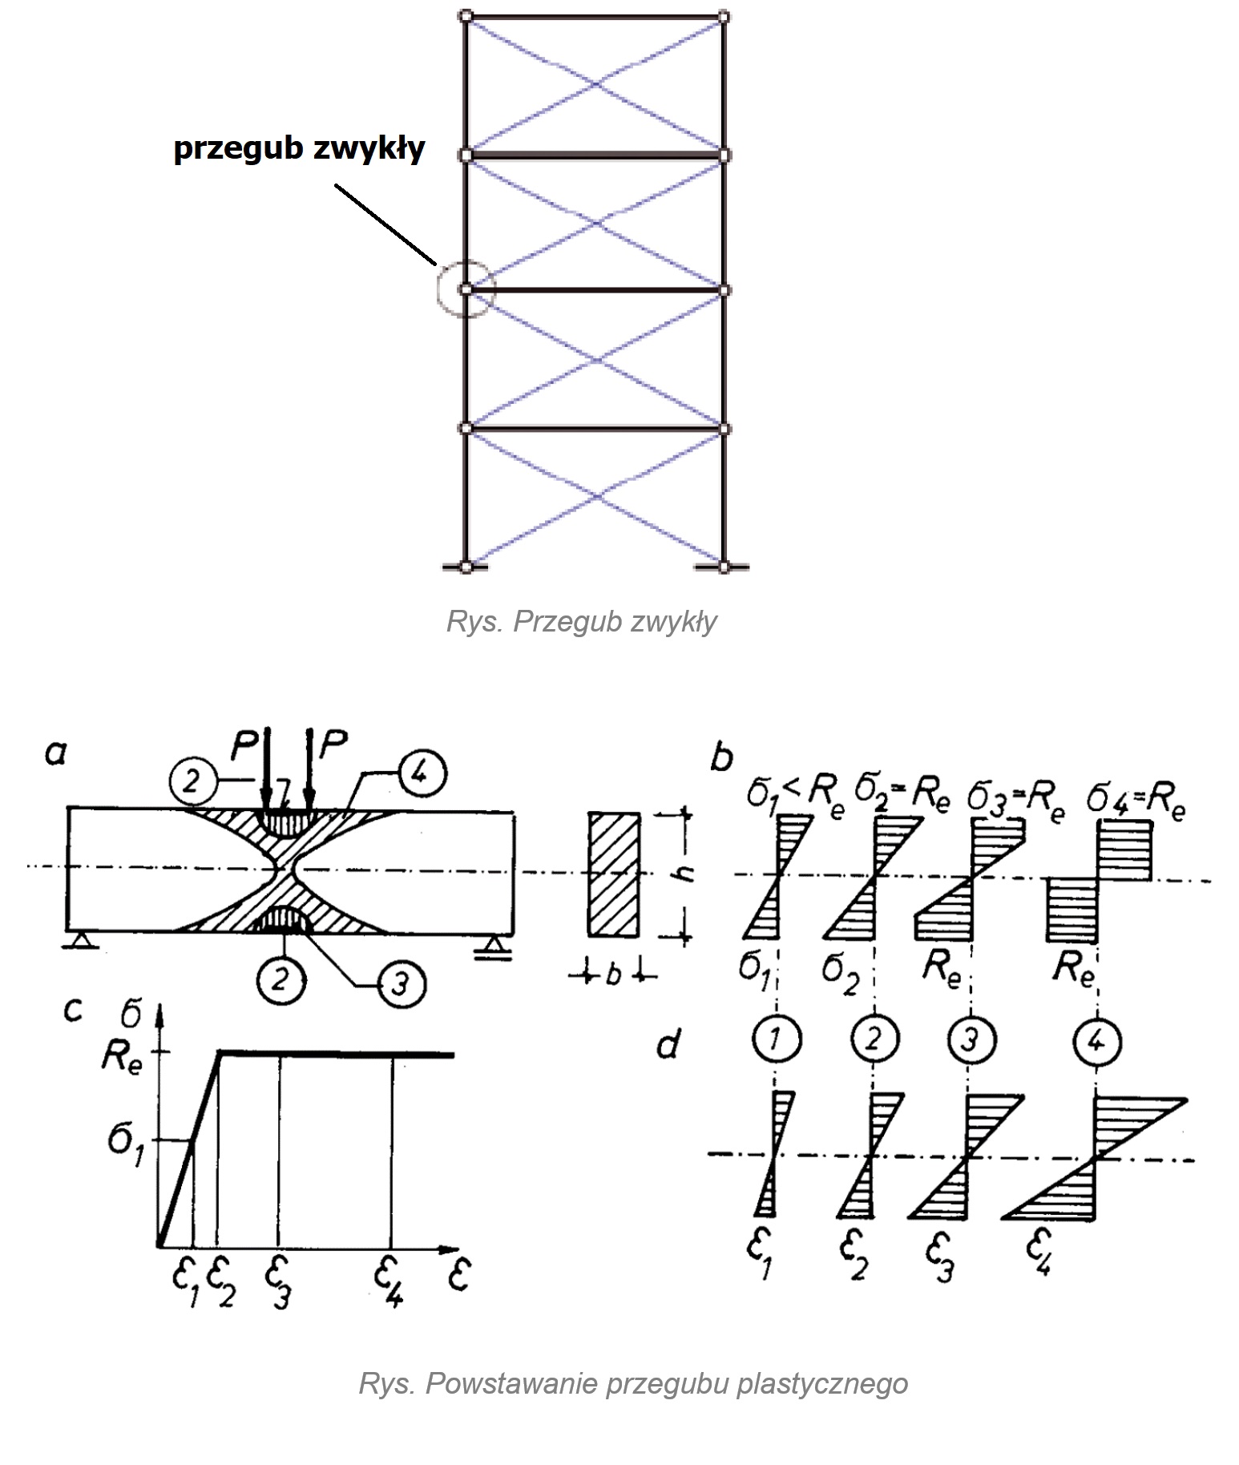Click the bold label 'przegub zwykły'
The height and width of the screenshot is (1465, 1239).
pos(299,149)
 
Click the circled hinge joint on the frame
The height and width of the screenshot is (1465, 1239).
pos(467,289)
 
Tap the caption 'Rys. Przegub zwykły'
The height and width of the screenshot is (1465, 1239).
pos(581,622)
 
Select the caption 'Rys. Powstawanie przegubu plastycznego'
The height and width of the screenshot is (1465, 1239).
pos(633,1384)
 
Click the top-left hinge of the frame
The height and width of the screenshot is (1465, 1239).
pos(467,15)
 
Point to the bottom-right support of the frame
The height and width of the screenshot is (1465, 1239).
pos(724,567)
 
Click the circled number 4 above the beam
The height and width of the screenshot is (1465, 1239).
pos(422,774)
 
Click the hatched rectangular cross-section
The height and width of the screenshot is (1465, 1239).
pos(614,874)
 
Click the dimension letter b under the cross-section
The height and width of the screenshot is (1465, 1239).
pos(613,976)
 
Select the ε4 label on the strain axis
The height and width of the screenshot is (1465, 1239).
pos(389,1280)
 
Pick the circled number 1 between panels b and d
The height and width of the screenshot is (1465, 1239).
pos(775,1040)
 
